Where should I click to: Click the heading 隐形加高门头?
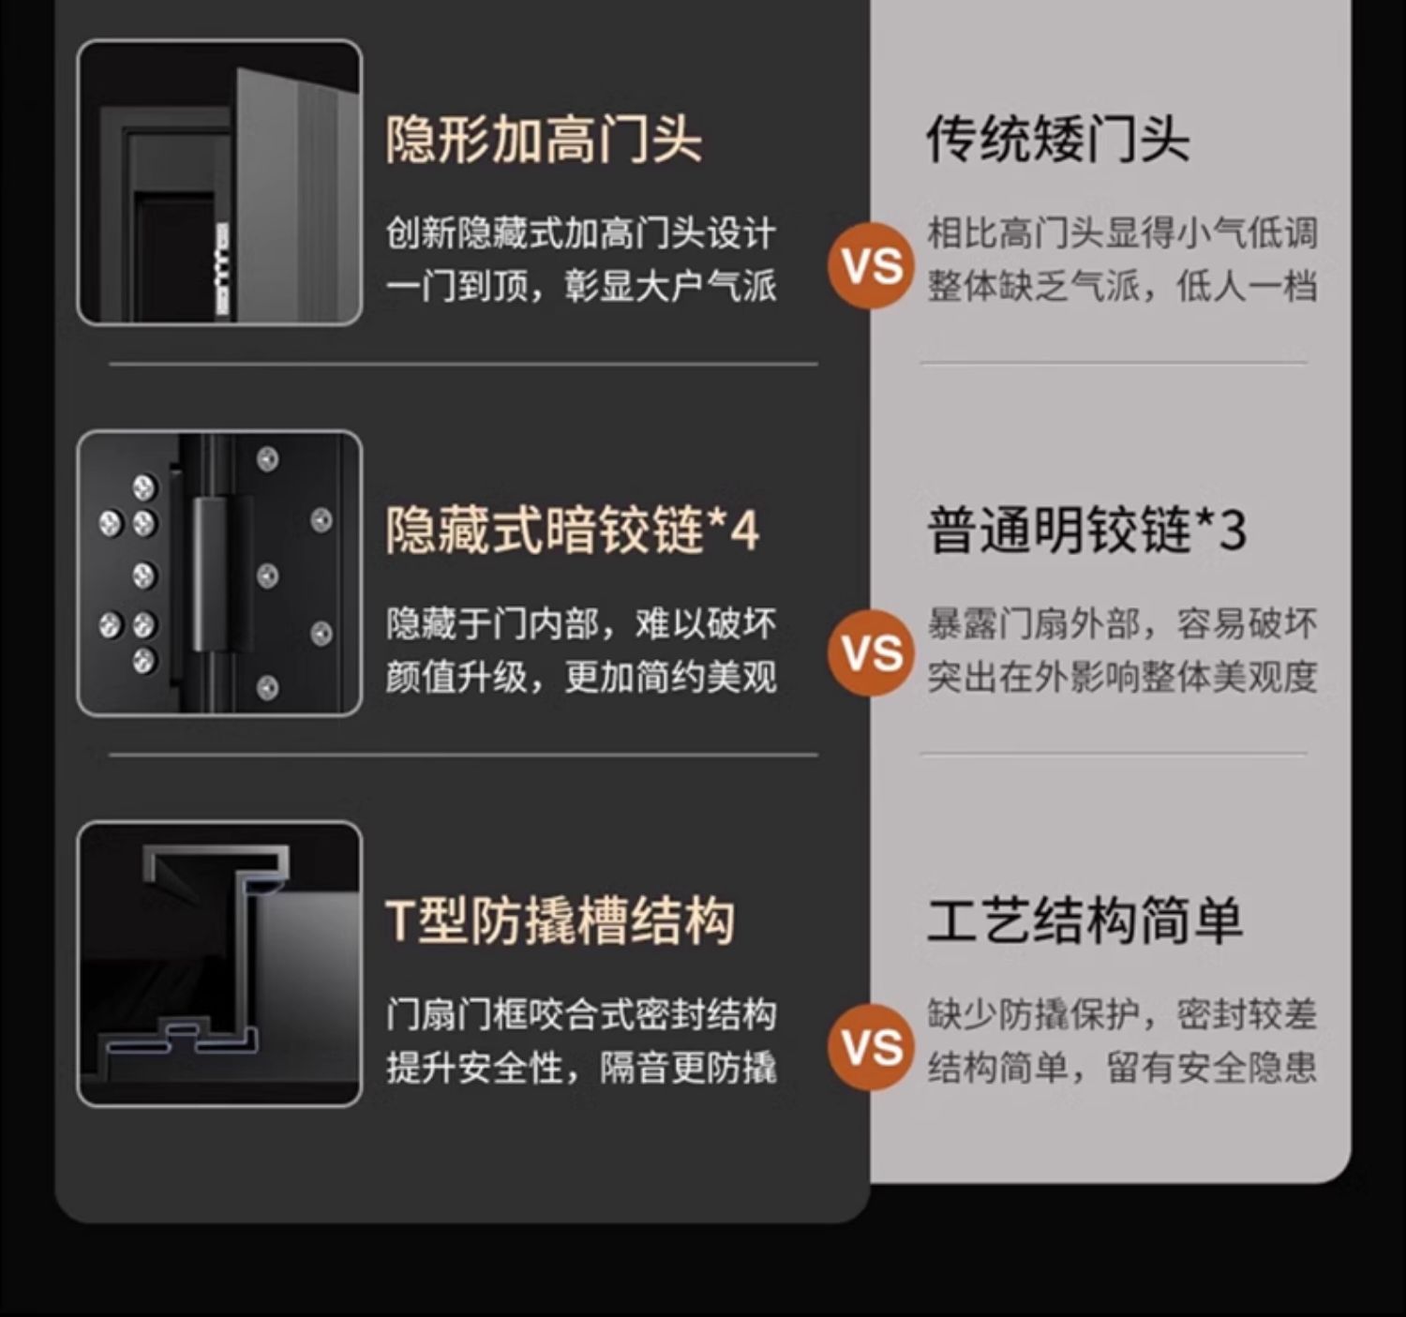pyautogui.click(x=544, y=141)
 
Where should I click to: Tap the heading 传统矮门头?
pyautogui.click(x=1057, y=141)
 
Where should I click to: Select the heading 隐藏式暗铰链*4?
pyautogui.click(x=572, y=531)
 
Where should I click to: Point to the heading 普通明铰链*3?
pyautogui.click(x=1085, y=531)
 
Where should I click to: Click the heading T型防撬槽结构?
pyautogui.click(x=560, y=920)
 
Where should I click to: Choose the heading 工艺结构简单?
pyautogui.click(x=1084, y=920)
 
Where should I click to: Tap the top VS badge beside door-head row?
pyautogui.click(x=871, y=266)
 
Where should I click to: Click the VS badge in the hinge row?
pyautogui.click(x=871, y=653)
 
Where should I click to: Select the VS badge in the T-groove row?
pyautogui.click(x=871, y=1047)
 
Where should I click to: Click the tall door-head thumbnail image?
pyautogui.click(x=219, y=183)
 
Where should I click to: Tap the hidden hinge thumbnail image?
pyautogui.click(x=219, y=574)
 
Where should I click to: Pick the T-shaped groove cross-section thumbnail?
pyautogui.click(x=219, y=964)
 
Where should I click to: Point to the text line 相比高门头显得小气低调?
pyautogui.click(x=1122, y=232)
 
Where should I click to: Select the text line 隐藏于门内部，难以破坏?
pyautogui.click(x=581, y=623)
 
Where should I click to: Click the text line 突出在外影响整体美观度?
pyautogui.click(x=1122, y=677)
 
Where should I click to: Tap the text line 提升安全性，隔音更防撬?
pyautogui.click(x=581, y=1068)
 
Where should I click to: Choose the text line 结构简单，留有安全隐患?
pyautogui.click(x=1122, y=1068)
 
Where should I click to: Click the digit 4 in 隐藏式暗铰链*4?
pyautogui.click(x=744, y=531)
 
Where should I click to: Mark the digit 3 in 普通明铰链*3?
pyautogui.click(x=1233, y=531)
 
